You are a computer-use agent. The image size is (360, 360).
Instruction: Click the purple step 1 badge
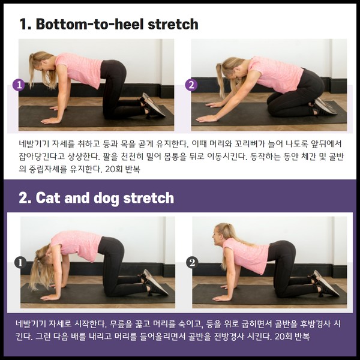click(19, 85)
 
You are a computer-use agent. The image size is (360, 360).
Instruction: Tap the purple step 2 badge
click(191, 85)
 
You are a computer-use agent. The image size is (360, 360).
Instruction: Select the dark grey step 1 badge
click(20, 262)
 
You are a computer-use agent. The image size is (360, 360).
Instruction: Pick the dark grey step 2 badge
click(192, 262)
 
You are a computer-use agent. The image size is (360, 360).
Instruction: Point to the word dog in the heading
click(107, 199)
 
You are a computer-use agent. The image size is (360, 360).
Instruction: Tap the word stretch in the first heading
click(173, 25)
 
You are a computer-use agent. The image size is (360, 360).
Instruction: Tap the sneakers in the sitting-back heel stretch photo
click(323, 107)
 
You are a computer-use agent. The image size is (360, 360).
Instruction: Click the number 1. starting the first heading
click(25, 24)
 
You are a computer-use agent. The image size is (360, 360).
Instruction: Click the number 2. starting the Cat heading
click(25, 197)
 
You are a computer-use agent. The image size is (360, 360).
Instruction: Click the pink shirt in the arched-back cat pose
click(76, 245)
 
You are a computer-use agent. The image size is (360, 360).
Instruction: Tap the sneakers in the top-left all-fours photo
click(152, 106)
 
